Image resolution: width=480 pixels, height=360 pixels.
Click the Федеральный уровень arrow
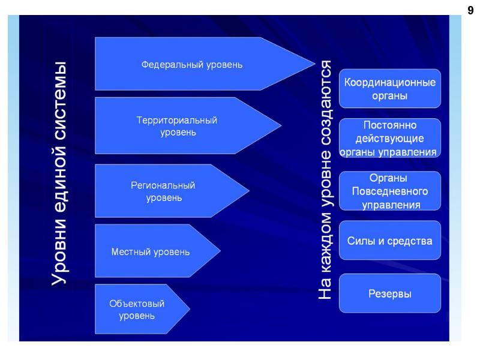click(x=192, y=64)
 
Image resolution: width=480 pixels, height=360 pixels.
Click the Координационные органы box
click(x=389, y=88)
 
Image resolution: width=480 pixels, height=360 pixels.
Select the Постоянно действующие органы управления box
click(x=389, y=138)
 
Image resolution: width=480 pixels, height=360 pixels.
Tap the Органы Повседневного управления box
click(x=389, y=191)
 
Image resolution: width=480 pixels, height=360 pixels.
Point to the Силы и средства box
click(x=389, y=241)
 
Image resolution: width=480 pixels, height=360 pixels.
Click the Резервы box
click(x=389, y=293)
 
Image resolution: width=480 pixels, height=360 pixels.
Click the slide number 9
click(x=470, y=10)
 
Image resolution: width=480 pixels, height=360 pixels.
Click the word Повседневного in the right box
click(x=389, y=191)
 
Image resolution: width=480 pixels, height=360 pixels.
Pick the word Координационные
click(x=389, y=82)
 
